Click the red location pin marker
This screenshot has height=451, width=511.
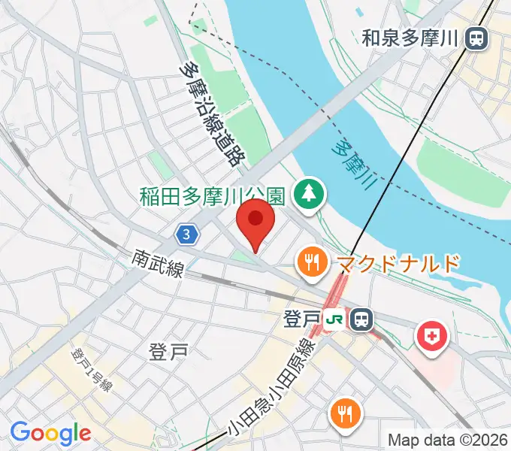(255, 222)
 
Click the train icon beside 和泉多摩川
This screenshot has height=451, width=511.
(475, 38)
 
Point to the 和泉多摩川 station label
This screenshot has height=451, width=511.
(410, 38)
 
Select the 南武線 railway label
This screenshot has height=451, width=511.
(157, 265)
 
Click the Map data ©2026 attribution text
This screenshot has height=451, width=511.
(446, 440)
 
